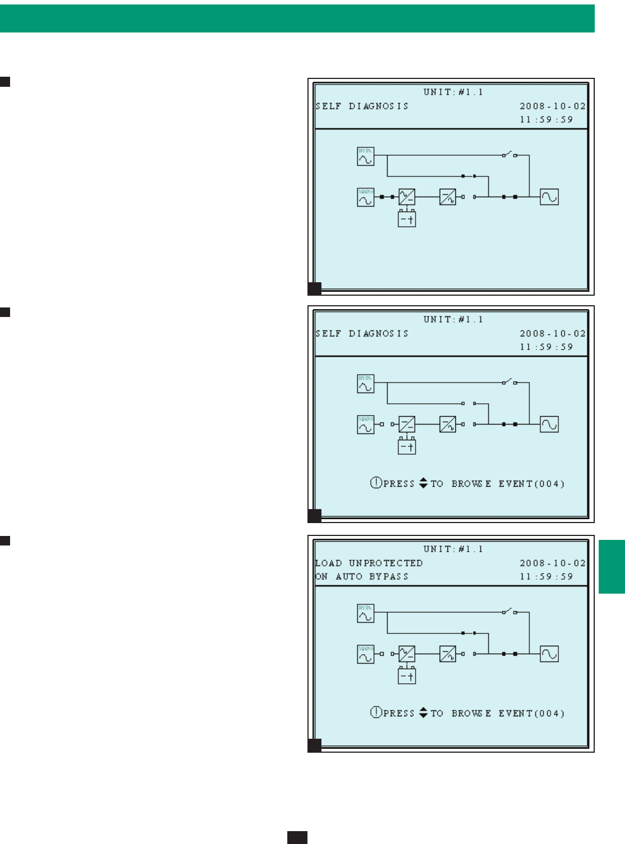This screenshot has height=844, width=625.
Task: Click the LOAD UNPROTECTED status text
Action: [x=369, y=563]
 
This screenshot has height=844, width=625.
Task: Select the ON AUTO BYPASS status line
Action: [x=362, y=576]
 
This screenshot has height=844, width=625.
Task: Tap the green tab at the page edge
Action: [x=612, y=566]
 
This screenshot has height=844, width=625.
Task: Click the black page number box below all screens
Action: [x=297, y=837]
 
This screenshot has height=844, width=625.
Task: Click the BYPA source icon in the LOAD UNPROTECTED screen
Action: [x=365, y=613]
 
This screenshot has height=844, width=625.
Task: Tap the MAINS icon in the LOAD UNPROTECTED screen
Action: [x=365, y=654]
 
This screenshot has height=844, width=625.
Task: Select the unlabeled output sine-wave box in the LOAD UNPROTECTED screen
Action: [x=549, y=654]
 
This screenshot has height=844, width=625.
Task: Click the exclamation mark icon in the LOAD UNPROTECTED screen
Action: [x=376, y=713]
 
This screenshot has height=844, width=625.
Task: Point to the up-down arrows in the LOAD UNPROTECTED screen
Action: [x=423, y=713]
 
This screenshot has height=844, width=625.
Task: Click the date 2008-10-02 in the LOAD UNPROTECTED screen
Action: [x=552, y=563]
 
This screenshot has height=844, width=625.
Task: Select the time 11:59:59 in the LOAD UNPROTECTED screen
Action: [x=546, y=576]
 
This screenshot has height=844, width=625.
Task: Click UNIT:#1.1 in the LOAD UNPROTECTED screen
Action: [x=453, y=549]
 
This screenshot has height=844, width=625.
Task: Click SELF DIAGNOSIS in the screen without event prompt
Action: [x=362, y=106]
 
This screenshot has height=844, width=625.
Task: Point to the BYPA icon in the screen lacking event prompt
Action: [x=365, y=156]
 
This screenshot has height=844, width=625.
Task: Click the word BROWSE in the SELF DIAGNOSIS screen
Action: [x=472, y=483]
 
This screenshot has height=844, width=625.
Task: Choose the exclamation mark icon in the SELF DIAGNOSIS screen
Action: [x=376, y=483]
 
